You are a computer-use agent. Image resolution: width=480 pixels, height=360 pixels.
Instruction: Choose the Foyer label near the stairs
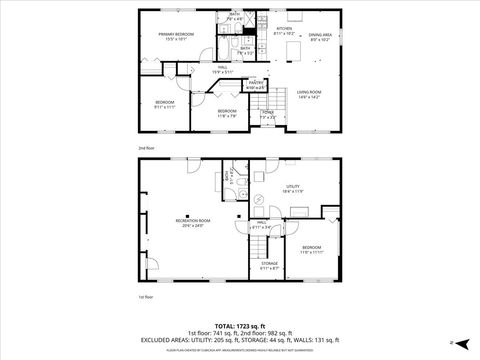(x=268, y=113)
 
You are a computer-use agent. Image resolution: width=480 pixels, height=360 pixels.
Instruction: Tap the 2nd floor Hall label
(x=222, y=69)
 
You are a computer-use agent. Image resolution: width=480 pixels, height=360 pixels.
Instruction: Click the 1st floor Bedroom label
(x=312, y=249)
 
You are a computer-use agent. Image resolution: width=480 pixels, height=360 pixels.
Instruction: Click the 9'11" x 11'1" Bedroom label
(x=164, y=105)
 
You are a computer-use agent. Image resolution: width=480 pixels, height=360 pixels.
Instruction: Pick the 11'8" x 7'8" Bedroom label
(x=227, y=112)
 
